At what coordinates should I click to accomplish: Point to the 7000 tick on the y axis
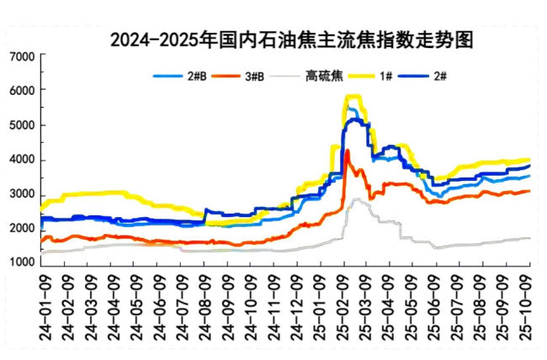(20, 56)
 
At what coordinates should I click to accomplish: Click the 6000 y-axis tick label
(20, 91)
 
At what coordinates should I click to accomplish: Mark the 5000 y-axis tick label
(20, 125)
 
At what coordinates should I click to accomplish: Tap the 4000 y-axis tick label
(20, 160)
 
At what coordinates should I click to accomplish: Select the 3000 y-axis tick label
(20, 195)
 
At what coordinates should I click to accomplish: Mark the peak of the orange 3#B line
(348, 151)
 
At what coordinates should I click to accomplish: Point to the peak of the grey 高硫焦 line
(357, 199)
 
